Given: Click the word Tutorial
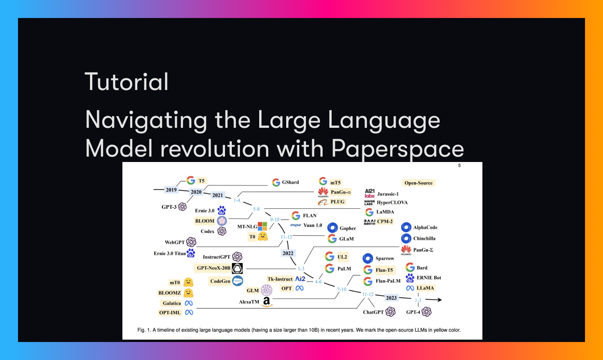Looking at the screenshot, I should point(126,81).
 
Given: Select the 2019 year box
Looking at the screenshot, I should point(171,189).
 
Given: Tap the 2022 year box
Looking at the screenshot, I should point(288,253).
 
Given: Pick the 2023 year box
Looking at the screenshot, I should point(391,297).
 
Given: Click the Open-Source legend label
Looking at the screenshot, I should point(418,183).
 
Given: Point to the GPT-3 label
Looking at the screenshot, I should point(169,207).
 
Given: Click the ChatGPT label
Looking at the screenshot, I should point(373,311).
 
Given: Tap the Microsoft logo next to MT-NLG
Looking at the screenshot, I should point(262,227).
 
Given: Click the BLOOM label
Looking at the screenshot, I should point(205,221).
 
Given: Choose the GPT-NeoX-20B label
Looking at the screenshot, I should point(213,268).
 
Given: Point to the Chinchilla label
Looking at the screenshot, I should point(424,238).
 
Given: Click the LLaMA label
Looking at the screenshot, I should point(425,288).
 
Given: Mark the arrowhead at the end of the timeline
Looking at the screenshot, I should point(439,300).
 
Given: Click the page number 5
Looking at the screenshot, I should point(459,166).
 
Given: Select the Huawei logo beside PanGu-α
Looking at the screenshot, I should point(323,193).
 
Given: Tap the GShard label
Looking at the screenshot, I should point(291,182).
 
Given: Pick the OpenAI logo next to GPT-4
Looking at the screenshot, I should point(427,311).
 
